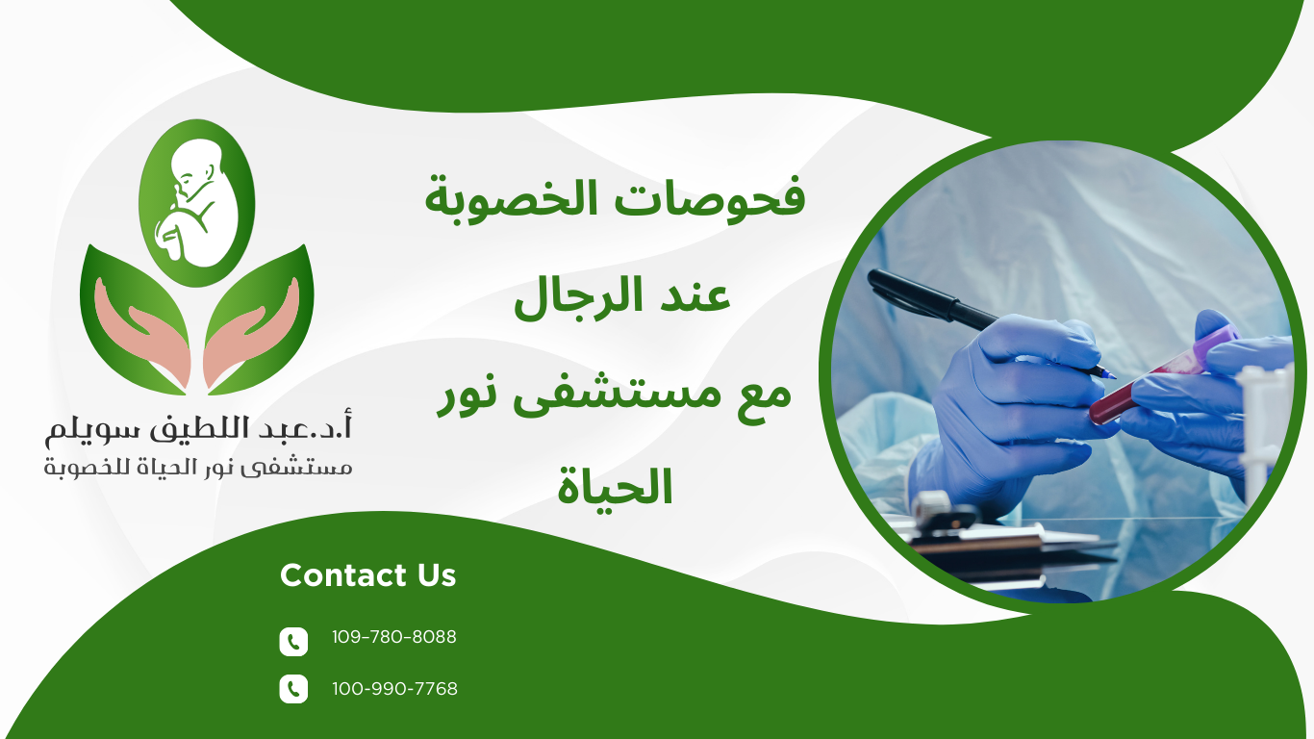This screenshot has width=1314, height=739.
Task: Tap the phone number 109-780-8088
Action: coord(393,637)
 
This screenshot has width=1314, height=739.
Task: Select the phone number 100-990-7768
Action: coord(394,689)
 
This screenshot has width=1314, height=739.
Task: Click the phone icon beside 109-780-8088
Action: coord(293,641)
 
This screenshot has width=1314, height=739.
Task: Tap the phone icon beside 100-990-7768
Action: coord(293,689)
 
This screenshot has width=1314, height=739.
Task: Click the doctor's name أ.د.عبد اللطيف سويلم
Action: coord(198,428)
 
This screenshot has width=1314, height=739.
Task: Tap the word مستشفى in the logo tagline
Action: coord(312,469)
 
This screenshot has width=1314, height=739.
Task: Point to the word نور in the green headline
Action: coord(470,395)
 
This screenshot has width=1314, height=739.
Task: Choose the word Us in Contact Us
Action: coord(437,575)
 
